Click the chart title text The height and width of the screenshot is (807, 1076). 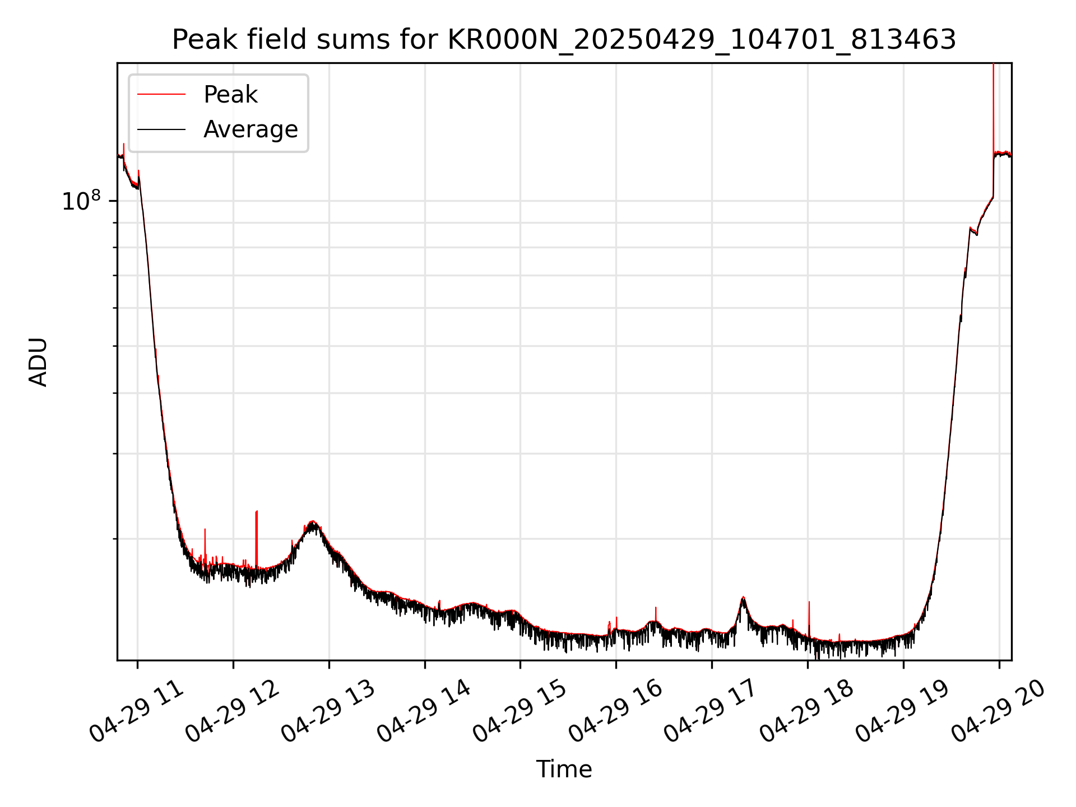tap(564, 40)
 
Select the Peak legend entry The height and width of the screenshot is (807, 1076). tap(230, 95)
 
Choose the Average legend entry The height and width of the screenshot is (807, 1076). tap(250, 129)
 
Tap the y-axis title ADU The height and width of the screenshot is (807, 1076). tap(38, 362)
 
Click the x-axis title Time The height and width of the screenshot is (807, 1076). tap(564, 769)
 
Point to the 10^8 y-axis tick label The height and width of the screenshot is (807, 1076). tap(81, 201)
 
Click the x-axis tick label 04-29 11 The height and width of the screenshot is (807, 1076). tap(137, 712)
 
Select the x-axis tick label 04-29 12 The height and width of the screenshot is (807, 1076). tap(233, 712)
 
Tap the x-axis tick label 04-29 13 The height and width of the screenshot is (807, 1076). tap(328, 712)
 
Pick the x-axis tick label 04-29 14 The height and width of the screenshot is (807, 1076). tap(424, 712)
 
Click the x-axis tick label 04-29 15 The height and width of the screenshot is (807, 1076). tap(520, 712)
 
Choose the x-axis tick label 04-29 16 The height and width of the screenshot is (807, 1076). tap(616, 712)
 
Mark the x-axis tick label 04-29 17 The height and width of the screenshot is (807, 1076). tap(711, 712)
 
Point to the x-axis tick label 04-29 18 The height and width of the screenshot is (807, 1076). tap(807, 712)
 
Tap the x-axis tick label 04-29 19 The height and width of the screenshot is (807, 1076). tap(903, 712)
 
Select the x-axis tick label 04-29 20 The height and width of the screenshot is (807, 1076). tap(999, 712)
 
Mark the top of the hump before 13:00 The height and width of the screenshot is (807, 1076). tap(313, 522)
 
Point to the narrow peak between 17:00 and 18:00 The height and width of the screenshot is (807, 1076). tap(743, 597)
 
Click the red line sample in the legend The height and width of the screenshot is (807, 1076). tap(161, 95)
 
